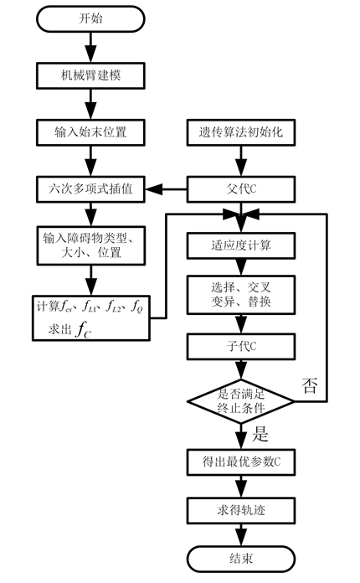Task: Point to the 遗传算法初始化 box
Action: pos(240,131)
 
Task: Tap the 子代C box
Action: pos(240,344)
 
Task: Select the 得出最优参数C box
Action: pos(240,461)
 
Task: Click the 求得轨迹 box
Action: pos(240,510)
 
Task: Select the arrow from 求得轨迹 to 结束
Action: pos(240,534)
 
